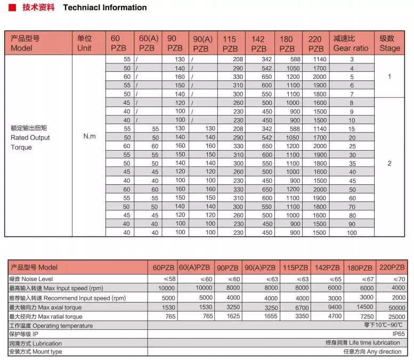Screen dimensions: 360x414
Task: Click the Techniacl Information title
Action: tap(104, 7)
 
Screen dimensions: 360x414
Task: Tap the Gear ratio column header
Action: tap(351, 43)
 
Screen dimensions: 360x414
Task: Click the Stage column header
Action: tap(389, 43)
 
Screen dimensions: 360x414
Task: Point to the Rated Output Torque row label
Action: tap(30, 137)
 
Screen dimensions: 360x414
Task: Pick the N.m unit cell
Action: tap(90, 136)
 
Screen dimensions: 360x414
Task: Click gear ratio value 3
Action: tap(352, 60)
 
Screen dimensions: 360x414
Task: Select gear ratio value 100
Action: tap(352, 233)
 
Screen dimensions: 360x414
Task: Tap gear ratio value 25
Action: tap(352, 146)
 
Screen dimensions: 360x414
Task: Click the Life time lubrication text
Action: tap(363, 343)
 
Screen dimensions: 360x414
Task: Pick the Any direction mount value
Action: tap(372, 351)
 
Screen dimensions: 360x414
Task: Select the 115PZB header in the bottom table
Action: tap(295, 267)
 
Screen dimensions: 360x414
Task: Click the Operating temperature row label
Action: tap(51, 325)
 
